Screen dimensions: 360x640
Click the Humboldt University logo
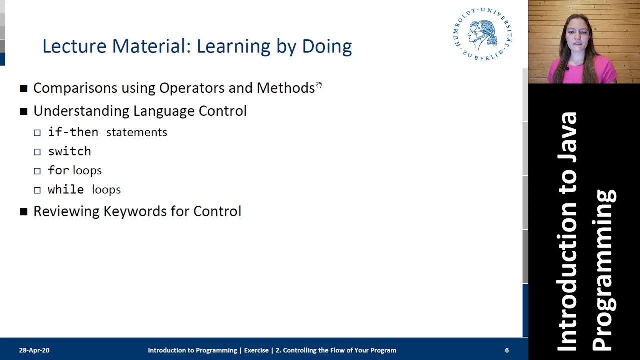tap(483, 34)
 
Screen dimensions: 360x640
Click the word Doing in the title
tap(327, 46)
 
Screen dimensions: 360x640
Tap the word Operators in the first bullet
tap(192, 88)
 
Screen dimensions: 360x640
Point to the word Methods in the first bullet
tap(285, 88)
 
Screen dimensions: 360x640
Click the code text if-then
tap(73, 132)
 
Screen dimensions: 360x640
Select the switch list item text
tap(69, 151)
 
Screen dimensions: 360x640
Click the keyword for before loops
tap(58, 170)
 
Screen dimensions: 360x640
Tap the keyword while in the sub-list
tap(66, 190)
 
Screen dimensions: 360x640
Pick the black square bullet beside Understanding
tap(24, 111)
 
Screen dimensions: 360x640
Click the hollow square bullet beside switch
tap(37, 152)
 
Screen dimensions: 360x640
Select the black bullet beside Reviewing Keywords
tap(24, 212)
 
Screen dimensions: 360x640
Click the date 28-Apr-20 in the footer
tap(34, 350)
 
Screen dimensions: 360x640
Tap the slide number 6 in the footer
tap(507, 350)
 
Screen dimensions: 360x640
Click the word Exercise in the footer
tap(256, 350)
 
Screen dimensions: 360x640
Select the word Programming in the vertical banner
tap(604, 270)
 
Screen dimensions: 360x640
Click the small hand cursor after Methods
tap(319, 86)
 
